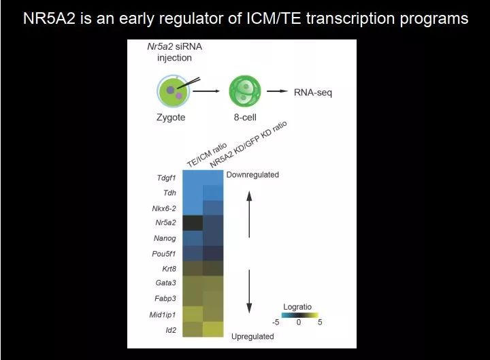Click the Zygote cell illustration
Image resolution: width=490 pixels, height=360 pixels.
(x=173, y=91)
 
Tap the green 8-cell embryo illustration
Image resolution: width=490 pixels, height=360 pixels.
(x=245, y=91)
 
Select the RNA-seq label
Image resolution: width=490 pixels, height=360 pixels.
(x=313, y=93)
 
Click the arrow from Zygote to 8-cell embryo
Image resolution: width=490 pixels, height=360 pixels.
(x=206, y=91)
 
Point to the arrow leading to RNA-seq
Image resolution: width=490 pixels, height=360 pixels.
(x=277, y=91)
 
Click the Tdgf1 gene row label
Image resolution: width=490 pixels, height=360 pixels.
(x=166, y=178)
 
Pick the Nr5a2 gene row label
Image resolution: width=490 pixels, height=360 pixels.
(x=165, y=223)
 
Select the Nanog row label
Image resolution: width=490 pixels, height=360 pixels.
(x=165, y=238)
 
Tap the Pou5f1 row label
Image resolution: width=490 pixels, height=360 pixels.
(x=164, y=254)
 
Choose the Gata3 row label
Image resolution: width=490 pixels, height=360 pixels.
(x=165, y=283)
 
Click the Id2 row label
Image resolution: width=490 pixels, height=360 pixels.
(x=171, y=330)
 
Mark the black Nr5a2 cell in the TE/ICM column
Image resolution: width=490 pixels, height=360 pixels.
(x=193, y=223)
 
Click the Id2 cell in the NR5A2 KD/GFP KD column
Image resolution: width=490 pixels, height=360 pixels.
(x=213, y=329)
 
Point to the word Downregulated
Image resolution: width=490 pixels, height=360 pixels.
(x=252, y=175)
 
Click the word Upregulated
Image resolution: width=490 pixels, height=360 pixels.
(x=252, y=337)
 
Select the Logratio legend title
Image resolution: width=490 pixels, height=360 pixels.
(x=297, y=307)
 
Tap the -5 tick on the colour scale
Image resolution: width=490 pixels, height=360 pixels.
(x=276, y=322)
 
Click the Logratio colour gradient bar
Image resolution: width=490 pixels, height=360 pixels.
(x=300, y=315)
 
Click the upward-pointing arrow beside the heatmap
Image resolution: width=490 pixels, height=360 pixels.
(x=249, y=214)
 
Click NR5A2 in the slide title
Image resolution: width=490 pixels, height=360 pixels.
(x=50, y=18)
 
